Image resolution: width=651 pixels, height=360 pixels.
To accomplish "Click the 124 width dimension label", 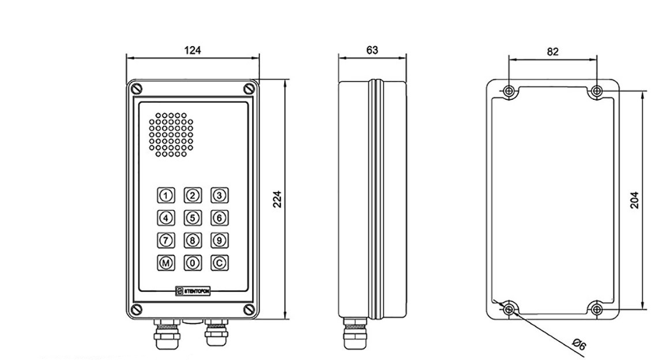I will (193, 50).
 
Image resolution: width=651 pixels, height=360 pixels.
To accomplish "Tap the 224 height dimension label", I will (277, 198).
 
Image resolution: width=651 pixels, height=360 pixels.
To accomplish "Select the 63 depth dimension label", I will (372, 50).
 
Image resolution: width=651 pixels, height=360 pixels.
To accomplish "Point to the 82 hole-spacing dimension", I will (552, 51).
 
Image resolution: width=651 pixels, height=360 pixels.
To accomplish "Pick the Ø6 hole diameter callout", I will (578, 345).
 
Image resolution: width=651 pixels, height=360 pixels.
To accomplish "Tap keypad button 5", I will (193, 217).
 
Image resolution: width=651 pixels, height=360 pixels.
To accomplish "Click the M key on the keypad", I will (166, 263).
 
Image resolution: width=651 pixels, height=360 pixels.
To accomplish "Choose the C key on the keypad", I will (219, 263).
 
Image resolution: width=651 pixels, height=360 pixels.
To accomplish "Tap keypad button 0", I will (193, 263).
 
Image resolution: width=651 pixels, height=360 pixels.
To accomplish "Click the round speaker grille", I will (171, 134).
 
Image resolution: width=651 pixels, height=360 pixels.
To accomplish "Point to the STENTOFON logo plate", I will (193, 291).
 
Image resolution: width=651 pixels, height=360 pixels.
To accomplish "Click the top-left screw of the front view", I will (136, 89).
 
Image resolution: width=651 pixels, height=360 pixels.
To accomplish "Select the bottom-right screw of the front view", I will (249, 309).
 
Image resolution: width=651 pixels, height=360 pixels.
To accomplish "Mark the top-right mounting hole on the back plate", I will (597, 91).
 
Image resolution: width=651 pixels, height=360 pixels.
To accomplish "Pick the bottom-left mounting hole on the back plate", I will (509, 310).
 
